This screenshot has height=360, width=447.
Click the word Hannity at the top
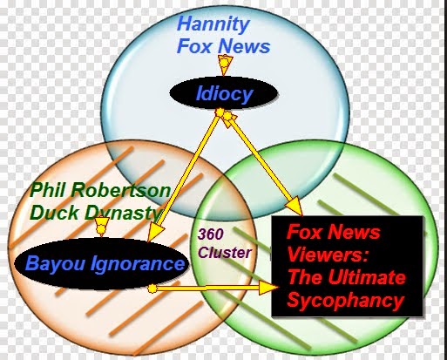pos(213,25)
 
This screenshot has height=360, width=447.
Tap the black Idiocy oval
pos(224,93)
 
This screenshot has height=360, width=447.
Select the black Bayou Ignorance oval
pos(101,264)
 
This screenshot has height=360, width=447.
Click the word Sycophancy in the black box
pos(346,300)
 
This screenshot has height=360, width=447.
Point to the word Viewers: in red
pos(328,255)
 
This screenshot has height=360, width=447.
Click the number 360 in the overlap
pos(211,234)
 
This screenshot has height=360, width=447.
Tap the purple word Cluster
pos(225,253)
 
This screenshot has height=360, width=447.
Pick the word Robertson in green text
pos(120,191)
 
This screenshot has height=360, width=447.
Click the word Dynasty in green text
pos(123,214)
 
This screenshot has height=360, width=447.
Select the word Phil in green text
pos(49,190)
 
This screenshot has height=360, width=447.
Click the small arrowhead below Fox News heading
pos(224,65)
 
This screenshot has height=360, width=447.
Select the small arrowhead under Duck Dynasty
pos(101,226)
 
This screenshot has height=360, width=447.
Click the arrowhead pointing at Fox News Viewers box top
pos(294,207)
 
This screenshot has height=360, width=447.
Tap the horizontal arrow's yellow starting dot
pos(152,289)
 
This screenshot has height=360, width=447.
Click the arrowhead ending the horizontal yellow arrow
pos(268,288)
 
